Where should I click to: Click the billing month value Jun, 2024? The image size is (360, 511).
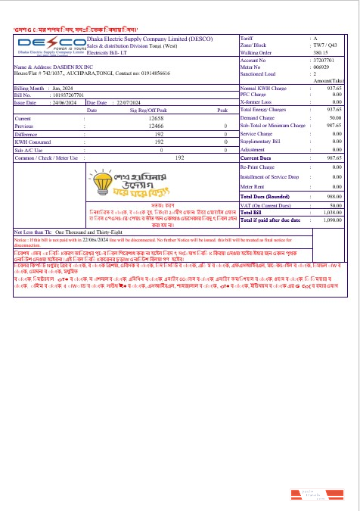(61, 89)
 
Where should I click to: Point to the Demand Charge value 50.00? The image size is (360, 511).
(335, 118)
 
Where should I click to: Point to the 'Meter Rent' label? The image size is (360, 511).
(253, 185)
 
